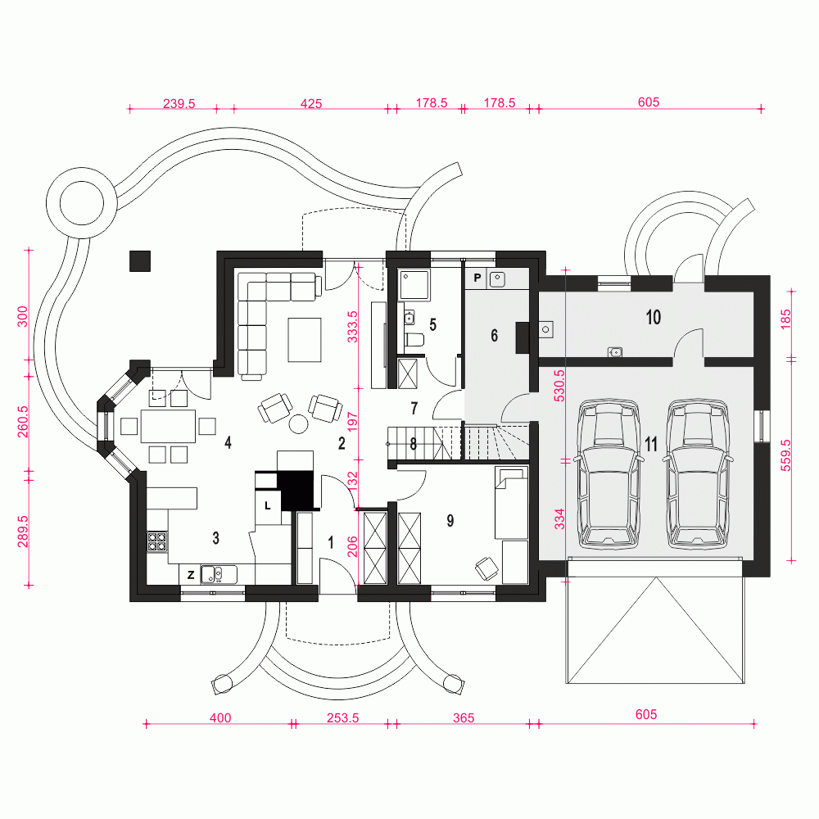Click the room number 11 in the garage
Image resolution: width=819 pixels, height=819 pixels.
pos(651,444)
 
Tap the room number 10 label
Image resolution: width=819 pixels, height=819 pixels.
pos(653,318)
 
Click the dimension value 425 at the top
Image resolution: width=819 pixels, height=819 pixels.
pos(311,103)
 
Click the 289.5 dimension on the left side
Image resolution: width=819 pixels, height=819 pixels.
pos(23,530)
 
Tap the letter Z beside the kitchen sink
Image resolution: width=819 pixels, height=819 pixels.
pos(190,574)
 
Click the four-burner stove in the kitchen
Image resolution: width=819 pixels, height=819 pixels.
pos(157,541)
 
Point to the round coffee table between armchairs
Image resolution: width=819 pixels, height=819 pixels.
pos(299,423)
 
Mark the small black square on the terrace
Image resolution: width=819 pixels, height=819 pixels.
pos(140,260)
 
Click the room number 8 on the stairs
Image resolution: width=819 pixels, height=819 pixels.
pos(413,445)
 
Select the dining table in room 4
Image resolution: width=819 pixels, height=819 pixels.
pos(167,426)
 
